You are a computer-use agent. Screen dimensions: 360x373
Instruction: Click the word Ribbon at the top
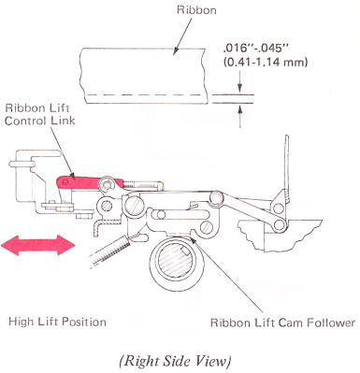point(196,10)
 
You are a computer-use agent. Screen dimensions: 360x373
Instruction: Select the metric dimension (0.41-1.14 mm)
point(266,63)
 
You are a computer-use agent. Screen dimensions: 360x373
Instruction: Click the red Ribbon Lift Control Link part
point(89,182)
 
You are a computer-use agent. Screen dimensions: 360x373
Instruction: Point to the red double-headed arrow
point(38,245)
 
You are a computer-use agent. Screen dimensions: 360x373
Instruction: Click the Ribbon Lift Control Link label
point(40,114)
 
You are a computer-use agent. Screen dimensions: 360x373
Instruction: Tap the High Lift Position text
point(57,322)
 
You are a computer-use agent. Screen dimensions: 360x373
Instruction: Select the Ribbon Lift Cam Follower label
point(282,323)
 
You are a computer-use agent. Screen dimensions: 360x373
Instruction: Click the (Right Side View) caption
point(175,361)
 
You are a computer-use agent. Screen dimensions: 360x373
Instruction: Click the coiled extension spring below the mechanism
point(109,250)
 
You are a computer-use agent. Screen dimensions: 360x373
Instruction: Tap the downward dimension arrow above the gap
point(239,81)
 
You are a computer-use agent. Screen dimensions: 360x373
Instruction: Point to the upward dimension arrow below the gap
point(240,116)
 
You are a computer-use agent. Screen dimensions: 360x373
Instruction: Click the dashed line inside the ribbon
point(146,94)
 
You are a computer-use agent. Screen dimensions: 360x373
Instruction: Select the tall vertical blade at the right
point(287,168)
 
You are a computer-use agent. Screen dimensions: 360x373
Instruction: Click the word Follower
point(332,323)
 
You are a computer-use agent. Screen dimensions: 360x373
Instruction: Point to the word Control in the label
point(24,121)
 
